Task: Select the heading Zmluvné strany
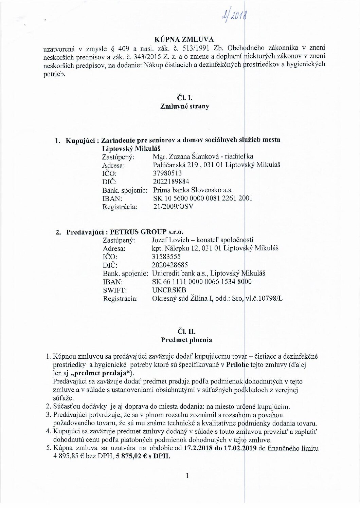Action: pyautogui.click(x=184, y=106)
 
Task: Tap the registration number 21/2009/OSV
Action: pyautogui.click(x=174, y=206)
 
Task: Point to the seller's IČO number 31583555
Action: pyautogui.click(x=167, y=257)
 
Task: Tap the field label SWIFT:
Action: pyautogui.click(x=114, y=290)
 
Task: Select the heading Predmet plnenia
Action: pyautogui.click(x=186, y=339)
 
